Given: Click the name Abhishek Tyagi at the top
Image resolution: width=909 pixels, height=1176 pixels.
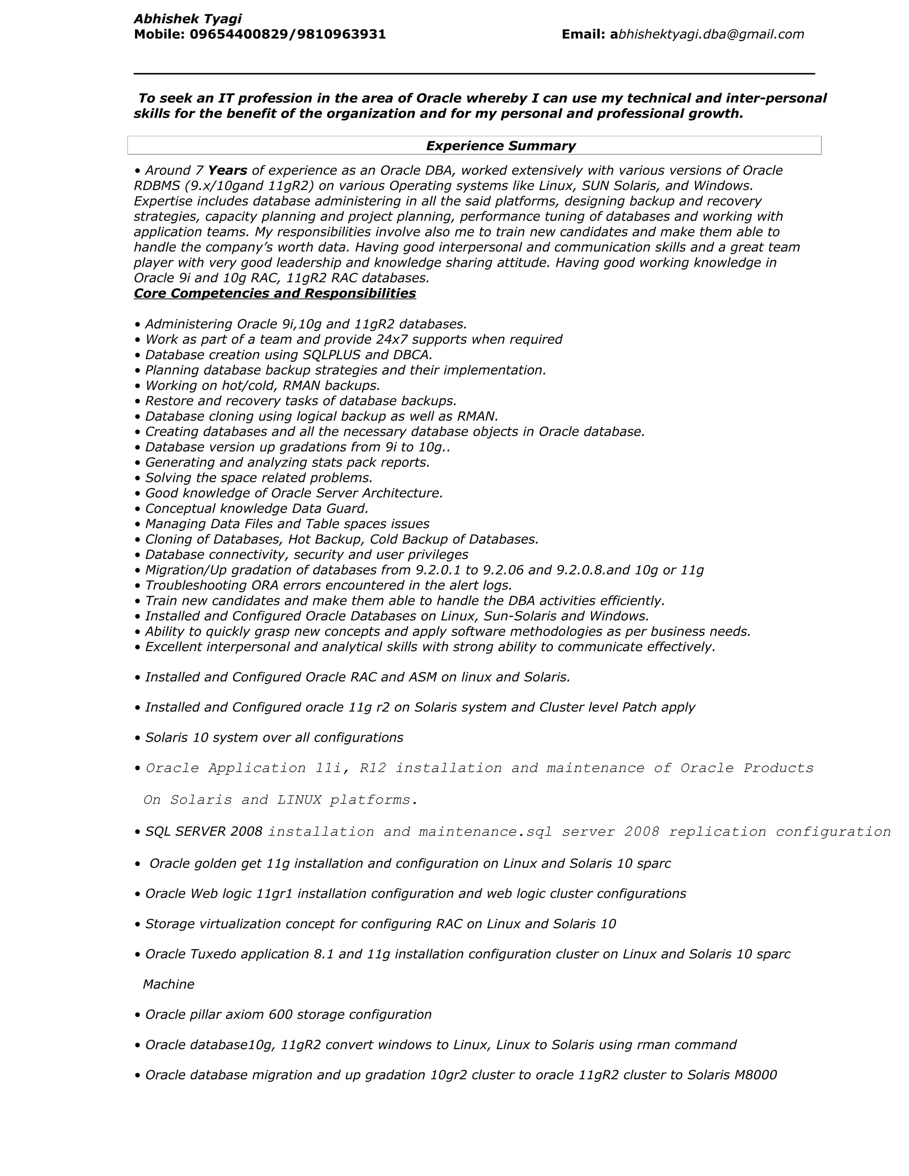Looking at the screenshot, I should click(187, 19).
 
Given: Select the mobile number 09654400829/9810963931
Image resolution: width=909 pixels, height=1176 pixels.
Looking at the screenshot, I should click(288, 35).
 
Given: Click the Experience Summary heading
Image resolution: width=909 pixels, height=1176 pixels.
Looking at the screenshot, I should click(500, 146).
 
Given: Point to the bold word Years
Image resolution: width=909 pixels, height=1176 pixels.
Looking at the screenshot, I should click(227, 171).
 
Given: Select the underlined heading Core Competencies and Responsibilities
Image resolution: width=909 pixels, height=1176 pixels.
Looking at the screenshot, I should click(275, 293).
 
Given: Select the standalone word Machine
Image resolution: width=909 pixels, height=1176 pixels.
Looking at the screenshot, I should click(169, 984).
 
